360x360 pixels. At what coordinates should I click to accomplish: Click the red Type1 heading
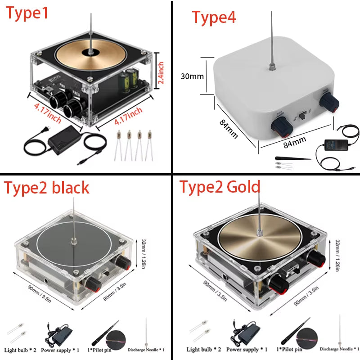[27, 13]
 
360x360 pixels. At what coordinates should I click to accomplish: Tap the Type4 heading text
[214, 18]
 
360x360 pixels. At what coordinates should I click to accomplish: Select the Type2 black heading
[47, 188]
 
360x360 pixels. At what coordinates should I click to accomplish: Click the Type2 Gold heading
[220, 187]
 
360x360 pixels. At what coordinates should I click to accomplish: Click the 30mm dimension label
[192, 76]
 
